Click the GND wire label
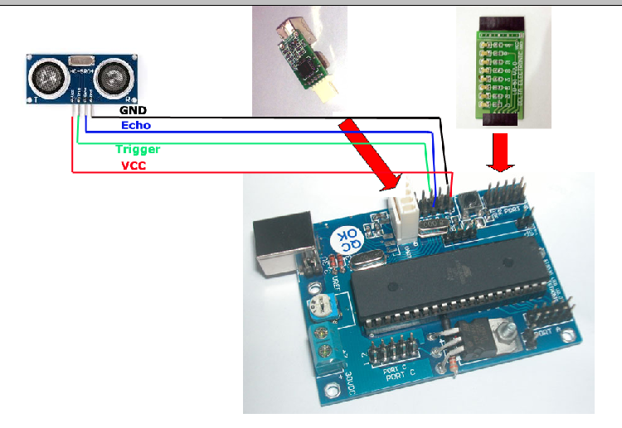click(x=133, y=109)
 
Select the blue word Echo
click(x=136, y=125)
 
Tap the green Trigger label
click(x=137, y=150)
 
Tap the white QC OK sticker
click(x=348, y=242)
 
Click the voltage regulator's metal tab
click(x=504, y=336)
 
